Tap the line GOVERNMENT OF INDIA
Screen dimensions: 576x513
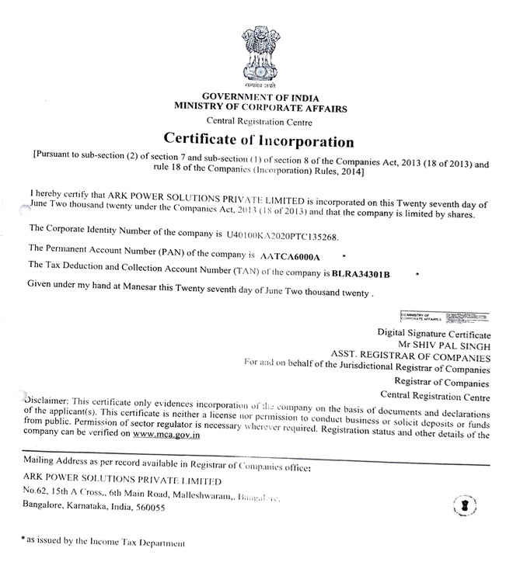(260, 96)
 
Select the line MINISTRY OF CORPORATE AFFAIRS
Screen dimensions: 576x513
(260, 108)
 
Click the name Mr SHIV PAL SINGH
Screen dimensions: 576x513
(446, 343)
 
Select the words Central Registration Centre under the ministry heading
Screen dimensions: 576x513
(260, 122)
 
